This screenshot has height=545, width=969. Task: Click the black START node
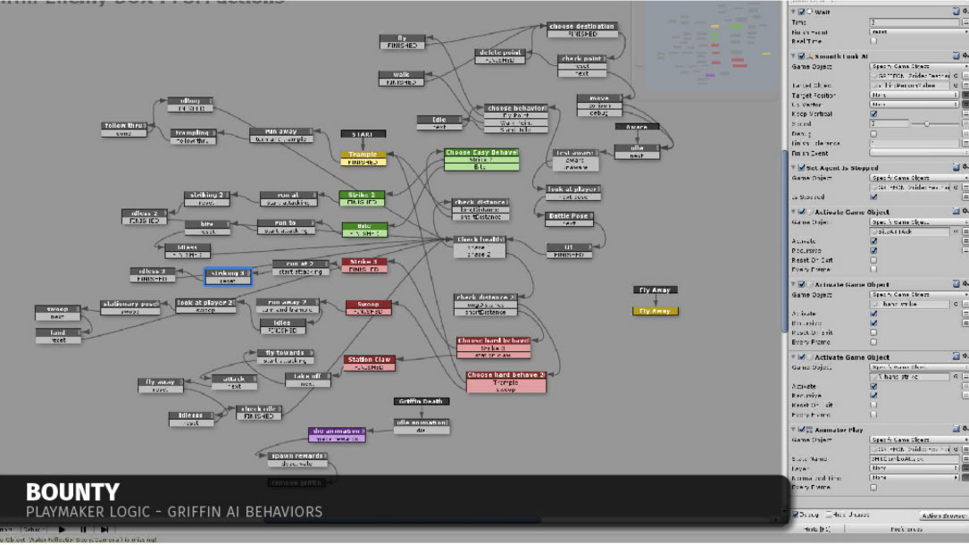pyautogui.click(x=363, y=134)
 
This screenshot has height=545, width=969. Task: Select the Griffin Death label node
pyautogui.click(x=421, y=401)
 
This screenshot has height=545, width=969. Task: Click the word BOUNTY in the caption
pyautogui.click(x=72, y=492)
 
